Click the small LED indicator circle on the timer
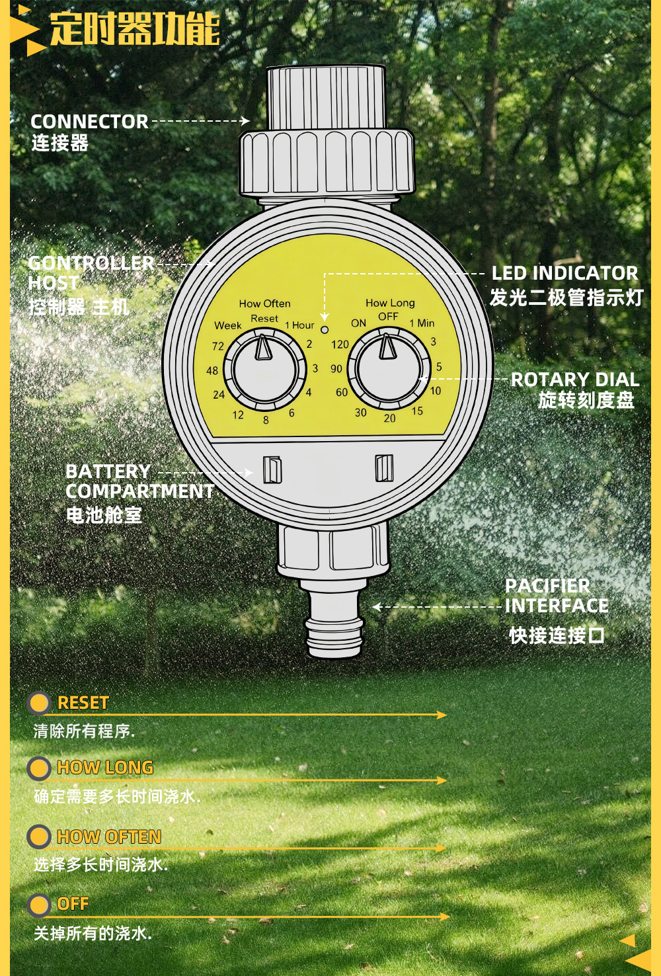coord(325,329)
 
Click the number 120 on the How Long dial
coord(340,345)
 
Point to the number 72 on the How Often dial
coord(218,346)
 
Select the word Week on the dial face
coord(228,325)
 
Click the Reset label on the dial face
coord(264,319)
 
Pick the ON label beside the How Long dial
coord(358,323)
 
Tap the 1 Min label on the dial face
coord(422,323)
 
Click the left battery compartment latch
coord(272,469)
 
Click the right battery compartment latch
coord(384,468)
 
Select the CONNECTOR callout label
coord(89,122)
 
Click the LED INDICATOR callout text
coord(564,273)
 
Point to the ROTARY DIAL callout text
coord(575,380)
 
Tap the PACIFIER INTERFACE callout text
coord(556,596)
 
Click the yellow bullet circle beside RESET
coord(39,703)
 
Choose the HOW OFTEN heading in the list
coord(109,837)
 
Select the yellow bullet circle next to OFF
coord(39,905)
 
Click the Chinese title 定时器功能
coord(135,29)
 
